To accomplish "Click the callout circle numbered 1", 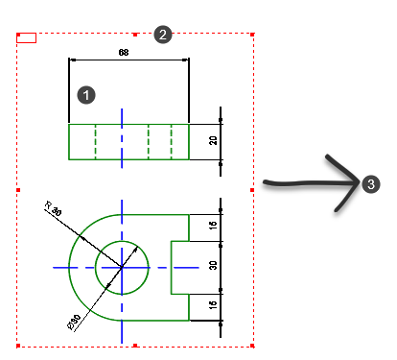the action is (x=86, y=95).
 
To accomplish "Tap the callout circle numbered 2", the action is (x=163, y=35).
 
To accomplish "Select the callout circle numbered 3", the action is (x=371, y=184).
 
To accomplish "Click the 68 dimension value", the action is (x=124, y=52).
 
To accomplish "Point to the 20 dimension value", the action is (x=213, y=140).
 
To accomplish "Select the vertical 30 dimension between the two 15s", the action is (x=213, y=265).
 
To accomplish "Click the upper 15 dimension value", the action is (x=213, y=225).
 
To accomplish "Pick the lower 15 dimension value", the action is (x=213, y=304).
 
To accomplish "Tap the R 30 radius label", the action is (x=53, y=208).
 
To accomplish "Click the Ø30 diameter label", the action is (x=74, y=322).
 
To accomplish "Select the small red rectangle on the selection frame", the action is (x=26, y=37).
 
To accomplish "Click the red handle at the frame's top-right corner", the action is (x=252, y=35).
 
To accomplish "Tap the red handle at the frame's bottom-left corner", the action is (x=18, y=346).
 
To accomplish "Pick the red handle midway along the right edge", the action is (x=252, y=190).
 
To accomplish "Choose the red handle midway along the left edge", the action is (x=18, y=190).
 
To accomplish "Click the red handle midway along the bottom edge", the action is (x=135, y=346).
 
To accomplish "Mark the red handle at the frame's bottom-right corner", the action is (x=252, y=346).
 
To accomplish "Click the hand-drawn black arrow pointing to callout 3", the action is (x=312, y=183).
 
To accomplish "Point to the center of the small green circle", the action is (x=122, y=268).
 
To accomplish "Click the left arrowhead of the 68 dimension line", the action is (x=73, y=60).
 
